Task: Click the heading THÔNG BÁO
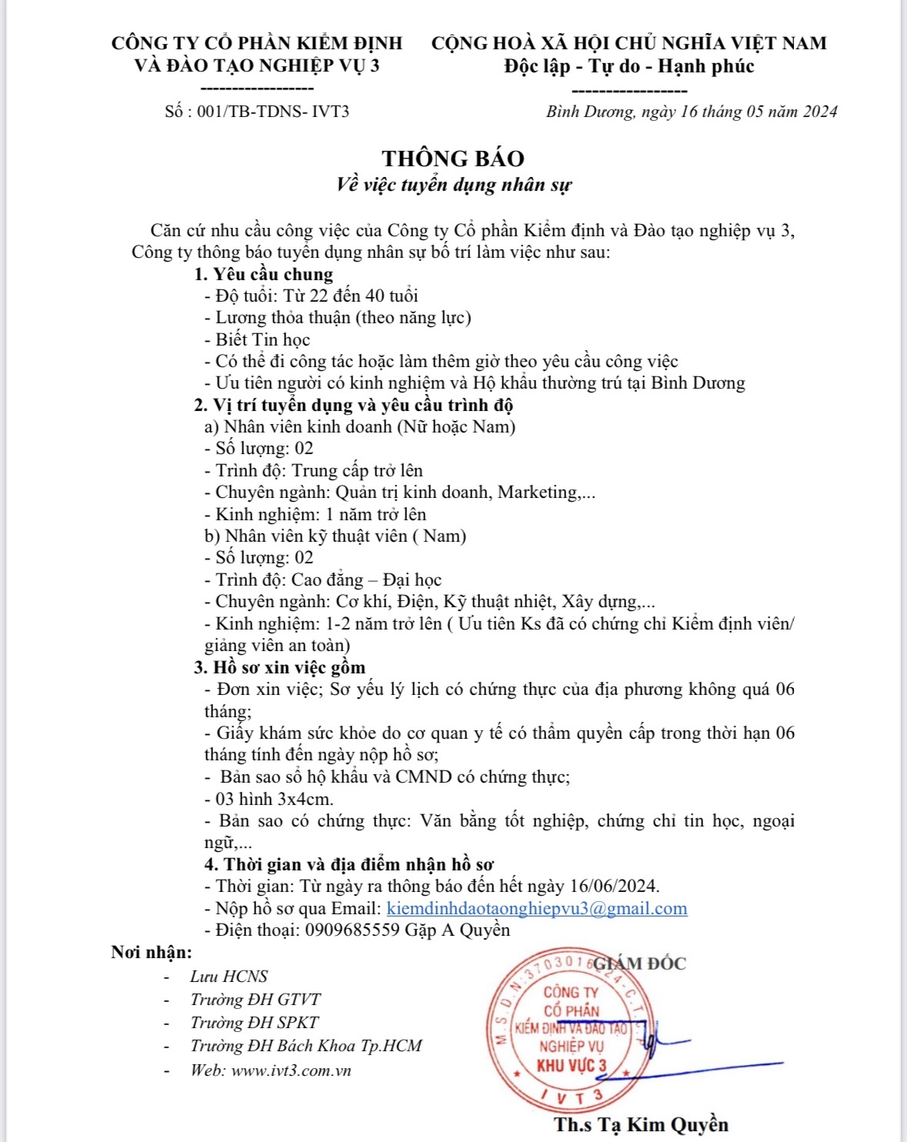coord(453,159)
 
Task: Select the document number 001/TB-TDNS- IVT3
coord(273,112)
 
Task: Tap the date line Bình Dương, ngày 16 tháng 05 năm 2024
coord(691,112)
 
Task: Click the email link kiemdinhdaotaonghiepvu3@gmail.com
coord(536,908)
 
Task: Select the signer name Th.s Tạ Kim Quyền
coord(640,1124)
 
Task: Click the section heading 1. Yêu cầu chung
coord(263,274)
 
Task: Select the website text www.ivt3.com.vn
coord(291,1070)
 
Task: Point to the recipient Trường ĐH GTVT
coord(255,999)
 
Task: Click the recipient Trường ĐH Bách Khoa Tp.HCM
coord(306,1045)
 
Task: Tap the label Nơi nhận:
coord(152,953)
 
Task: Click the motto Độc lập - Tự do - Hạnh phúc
coord(629,66)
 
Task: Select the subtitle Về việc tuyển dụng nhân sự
coord(454,185)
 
